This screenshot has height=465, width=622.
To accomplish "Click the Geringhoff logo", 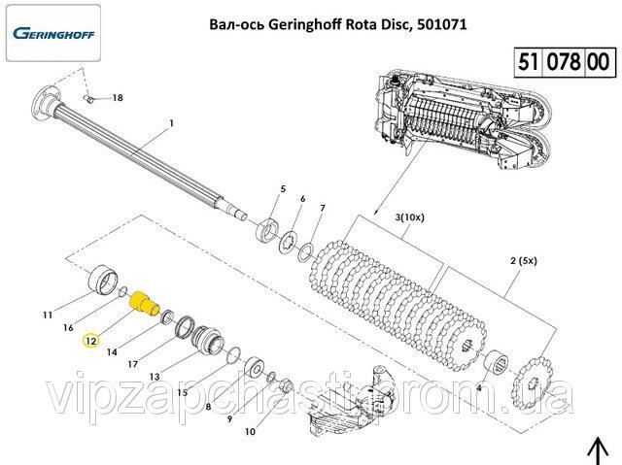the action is click(x=53, y=33).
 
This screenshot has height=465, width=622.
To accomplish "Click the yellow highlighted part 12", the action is click(x=144, y=304).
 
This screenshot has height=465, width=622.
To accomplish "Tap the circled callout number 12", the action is click(x=90, y=341).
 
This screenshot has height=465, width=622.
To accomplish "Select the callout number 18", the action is click(x=118, y=98).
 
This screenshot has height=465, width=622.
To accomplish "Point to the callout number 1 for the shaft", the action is click(x=171, y=123).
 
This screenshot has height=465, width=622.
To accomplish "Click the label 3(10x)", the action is click(x=409, y=217).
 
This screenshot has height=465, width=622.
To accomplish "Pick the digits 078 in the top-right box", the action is click(x=564, y=62).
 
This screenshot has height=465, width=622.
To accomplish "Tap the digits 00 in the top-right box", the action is click(x=599, y=62).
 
